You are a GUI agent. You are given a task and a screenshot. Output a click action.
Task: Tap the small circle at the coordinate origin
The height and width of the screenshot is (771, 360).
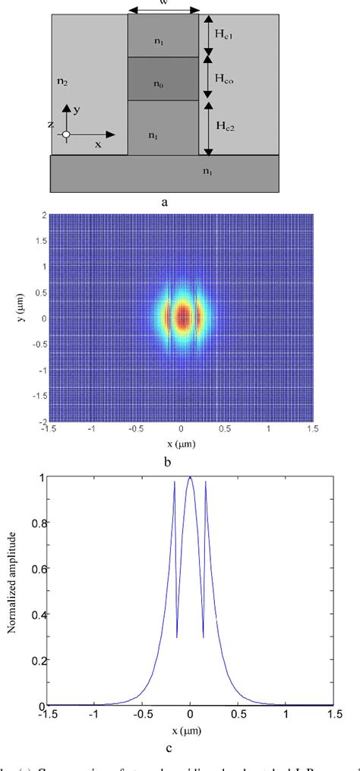point(66,134)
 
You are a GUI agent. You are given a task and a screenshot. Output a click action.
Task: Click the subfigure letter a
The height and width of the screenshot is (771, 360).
point(164,203)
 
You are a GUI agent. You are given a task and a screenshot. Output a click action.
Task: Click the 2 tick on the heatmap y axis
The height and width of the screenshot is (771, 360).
point(45,215)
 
